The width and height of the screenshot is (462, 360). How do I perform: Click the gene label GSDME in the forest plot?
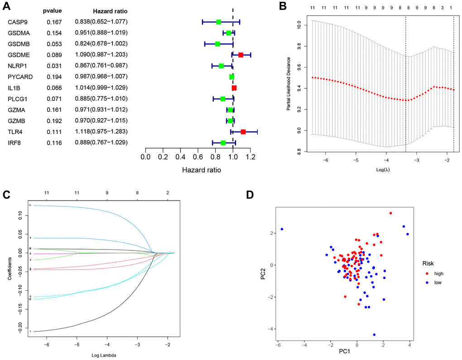[x=18, y=55]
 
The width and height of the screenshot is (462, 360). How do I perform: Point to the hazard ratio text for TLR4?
[x=101, y=132]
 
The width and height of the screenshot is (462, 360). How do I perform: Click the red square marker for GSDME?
[x=241, y=55]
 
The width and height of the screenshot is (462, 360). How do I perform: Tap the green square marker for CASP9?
[x=218, y=22]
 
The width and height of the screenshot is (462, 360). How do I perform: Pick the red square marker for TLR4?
[x=243, y=132]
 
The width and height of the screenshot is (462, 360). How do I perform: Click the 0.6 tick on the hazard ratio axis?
[x=197, y=157]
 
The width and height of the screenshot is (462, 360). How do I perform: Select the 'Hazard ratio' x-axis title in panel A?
[x=202, y=171]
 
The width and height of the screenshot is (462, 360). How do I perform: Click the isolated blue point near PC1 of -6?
[x=281, y=229]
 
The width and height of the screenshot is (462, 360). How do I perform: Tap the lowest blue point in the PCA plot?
[x=374, y=335]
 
